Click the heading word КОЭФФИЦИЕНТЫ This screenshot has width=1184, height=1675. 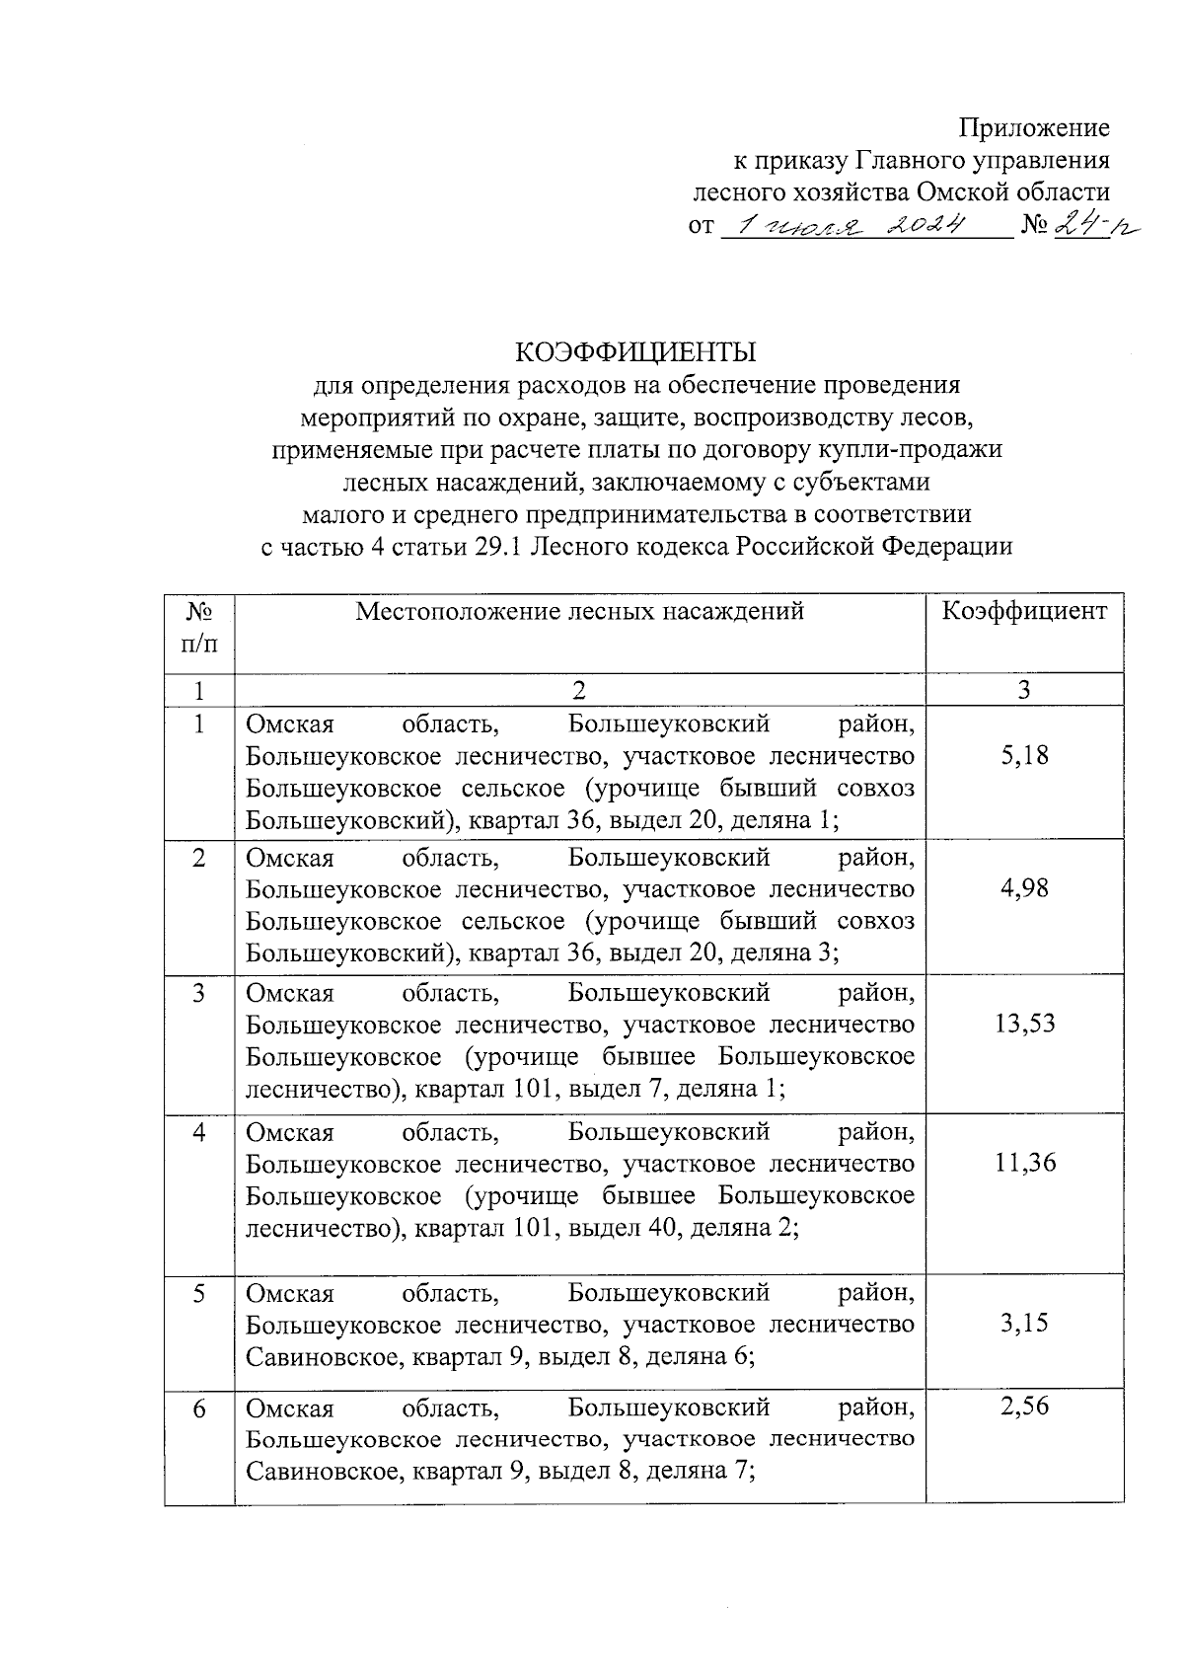[636, 352]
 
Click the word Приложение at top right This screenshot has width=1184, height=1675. [1034, 128]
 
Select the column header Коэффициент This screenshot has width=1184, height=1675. [1024, 611]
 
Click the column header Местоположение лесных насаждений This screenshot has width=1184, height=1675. [579, 611]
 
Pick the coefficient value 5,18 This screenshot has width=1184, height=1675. [1024, 756]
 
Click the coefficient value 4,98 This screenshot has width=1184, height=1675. [1024, 888]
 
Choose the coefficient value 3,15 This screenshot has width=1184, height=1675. [1024, 1324]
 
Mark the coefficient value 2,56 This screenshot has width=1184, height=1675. [1024, 1407]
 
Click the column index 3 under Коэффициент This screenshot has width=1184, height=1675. [1024, 690]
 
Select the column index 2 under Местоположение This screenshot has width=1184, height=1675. [579, 690]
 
